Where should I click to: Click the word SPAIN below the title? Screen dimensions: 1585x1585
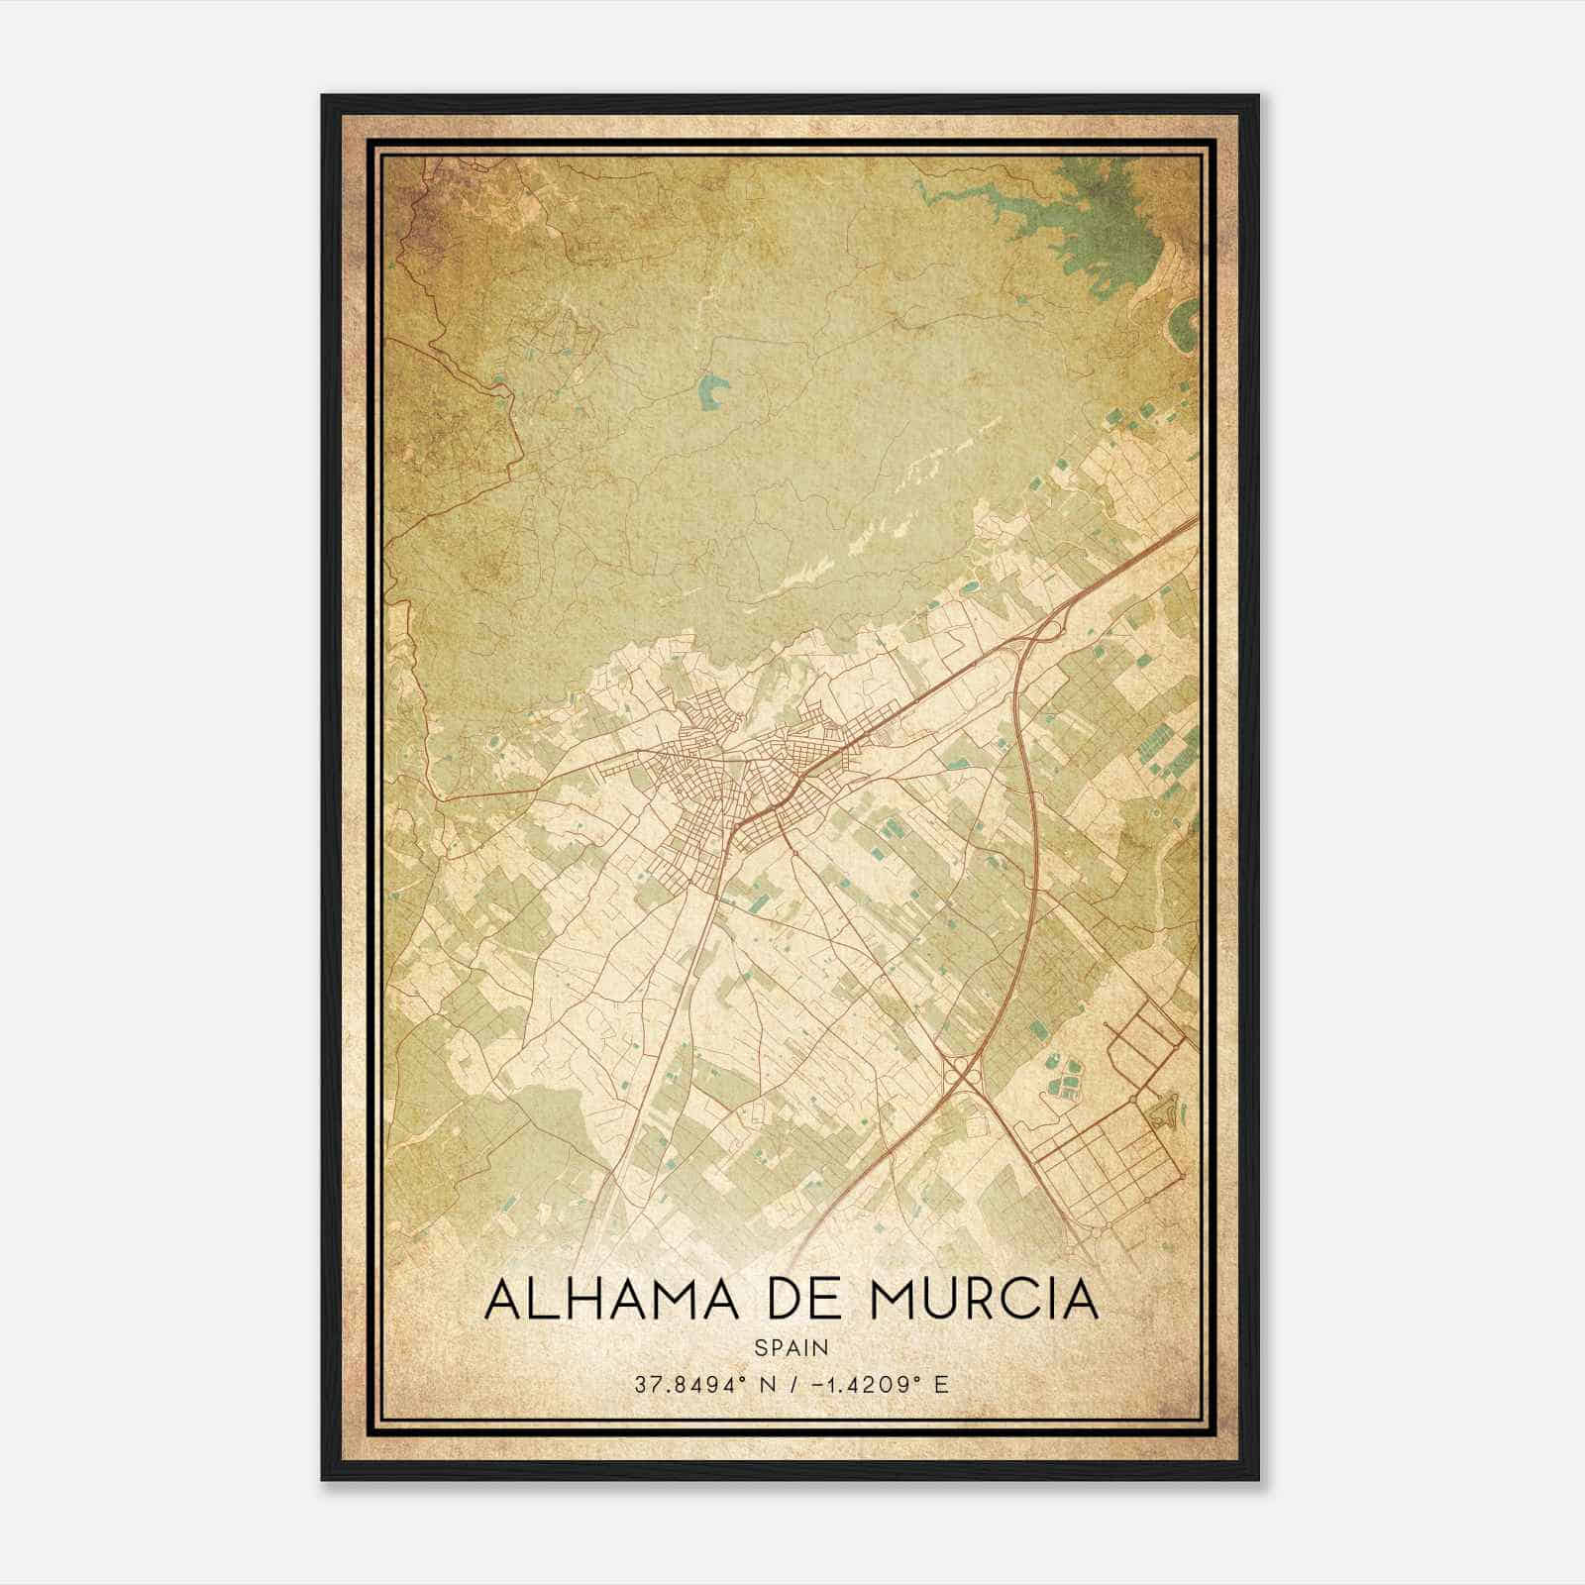pos(792,1348)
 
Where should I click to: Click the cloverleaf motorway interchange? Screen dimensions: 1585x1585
pos(960,1069)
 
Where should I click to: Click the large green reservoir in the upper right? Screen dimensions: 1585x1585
pos(1109,223)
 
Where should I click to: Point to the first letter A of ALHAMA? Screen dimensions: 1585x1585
pos(502,1301)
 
